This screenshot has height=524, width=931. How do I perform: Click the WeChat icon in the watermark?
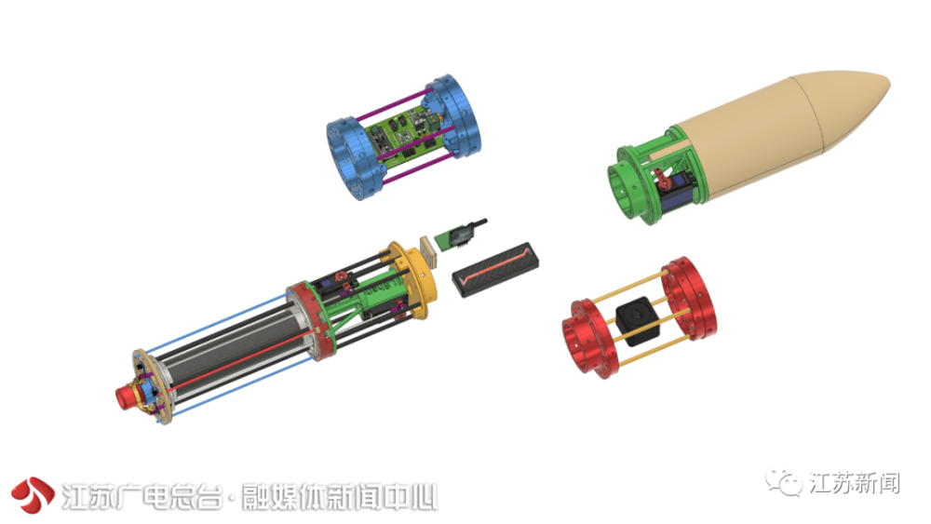point(785,484)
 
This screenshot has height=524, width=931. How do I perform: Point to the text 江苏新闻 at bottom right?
point(855,484)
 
